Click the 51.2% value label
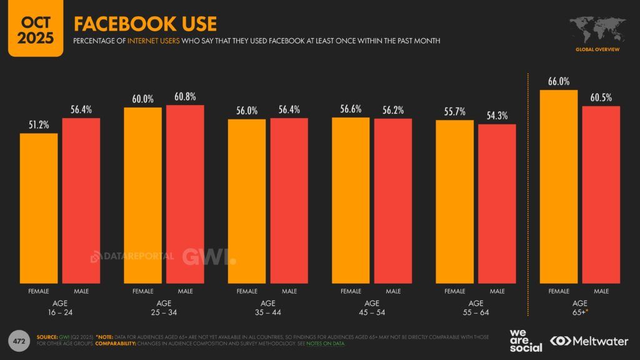[39, 126]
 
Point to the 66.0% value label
[559, 82]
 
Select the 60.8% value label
[185, 97]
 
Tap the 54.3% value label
[497, 116]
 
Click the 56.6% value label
[351, 109]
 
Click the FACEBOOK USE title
[145, 24]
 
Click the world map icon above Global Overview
[597, 29]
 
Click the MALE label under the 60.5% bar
[601, 291]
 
